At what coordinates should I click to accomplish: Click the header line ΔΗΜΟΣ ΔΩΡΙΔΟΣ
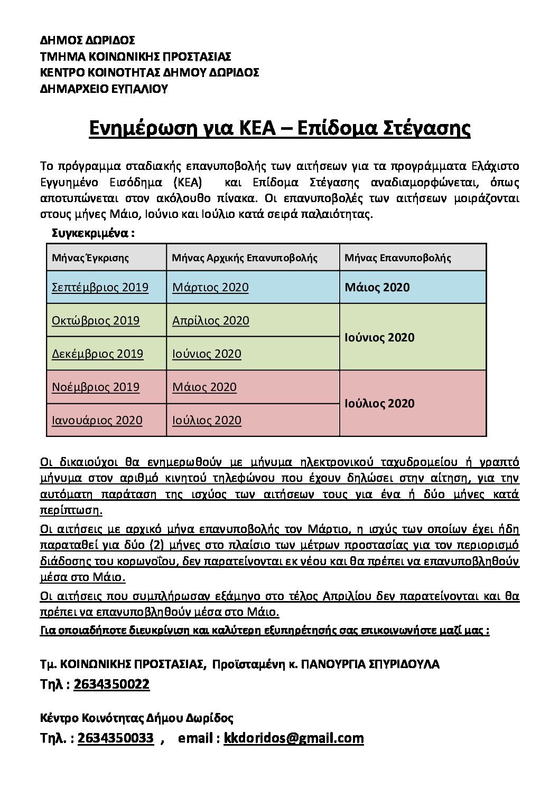pos(87,40)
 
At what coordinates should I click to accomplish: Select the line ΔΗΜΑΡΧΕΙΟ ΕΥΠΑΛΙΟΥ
pos(104,89)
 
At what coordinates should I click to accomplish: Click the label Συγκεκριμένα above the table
pos(93,233)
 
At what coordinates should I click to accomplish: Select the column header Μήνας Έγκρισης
pos(90,258)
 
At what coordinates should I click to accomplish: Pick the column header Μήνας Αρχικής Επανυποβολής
pos(245,258)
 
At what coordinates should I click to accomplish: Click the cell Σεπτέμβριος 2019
pos(100,288)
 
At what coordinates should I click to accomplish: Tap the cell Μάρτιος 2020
pos(210,288)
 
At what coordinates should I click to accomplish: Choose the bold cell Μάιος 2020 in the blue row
pos(377,288)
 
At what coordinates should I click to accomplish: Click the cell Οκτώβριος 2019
pos(96,321)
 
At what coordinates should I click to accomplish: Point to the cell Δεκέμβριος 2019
pos(97,354)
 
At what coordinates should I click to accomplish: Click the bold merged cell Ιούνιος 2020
pos(379,337)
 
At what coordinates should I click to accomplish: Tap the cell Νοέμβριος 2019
pos(96,387)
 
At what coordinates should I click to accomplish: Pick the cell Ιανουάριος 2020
pos(97,421)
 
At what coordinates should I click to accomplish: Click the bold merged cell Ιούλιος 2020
pos(379,404)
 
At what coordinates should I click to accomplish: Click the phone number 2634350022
pos(112,684)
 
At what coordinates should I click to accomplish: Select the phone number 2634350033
pos(116,738)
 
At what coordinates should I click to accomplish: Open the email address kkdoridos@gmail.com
pos(294,738)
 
